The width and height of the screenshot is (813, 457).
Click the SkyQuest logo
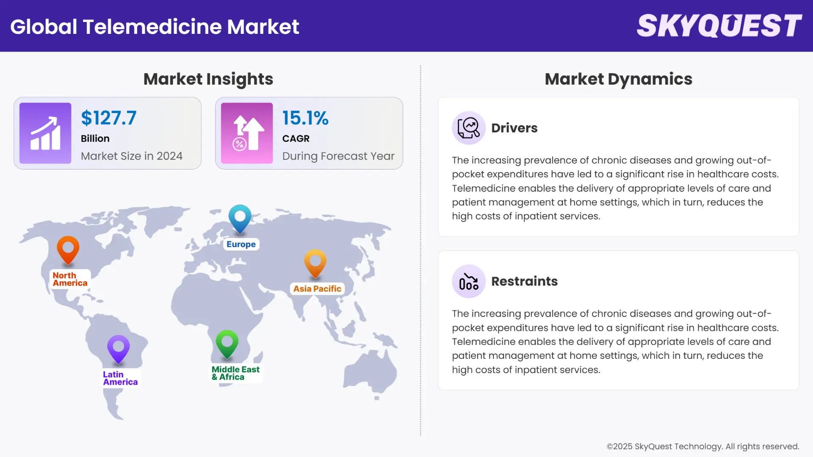pos(719,26)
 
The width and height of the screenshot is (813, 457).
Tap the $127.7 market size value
pos(109,118)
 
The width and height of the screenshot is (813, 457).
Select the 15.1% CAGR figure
pos(305,118)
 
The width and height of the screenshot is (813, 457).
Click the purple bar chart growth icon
pos(45,133)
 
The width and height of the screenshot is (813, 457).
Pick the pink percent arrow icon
pos(247,133)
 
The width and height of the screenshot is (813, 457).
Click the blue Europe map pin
pos(240,218)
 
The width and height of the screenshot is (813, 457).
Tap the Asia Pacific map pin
pos(315,263)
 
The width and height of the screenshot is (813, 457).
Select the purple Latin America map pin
pos(119,349)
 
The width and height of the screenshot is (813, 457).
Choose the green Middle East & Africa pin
pos(227,344)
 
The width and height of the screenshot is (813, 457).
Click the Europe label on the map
pos(241,244)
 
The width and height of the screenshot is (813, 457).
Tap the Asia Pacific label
pos(317,289)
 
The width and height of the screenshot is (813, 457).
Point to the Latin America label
pos(120,378)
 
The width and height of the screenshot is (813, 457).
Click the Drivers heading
pos(514,128)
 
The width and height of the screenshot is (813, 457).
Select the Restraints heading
pos(524,281)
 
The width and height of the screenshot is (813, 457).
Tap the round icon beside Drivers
pos(468,128)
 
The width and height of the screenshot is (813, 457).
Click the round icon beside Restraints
pos(468,281)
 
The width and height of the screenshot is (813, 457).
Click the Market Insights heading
pos(208,79)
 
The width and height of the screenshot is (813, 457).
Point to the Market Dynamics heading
pos(618,79)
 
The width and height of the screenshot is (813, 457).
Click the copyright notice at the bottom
pos(703,446)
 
